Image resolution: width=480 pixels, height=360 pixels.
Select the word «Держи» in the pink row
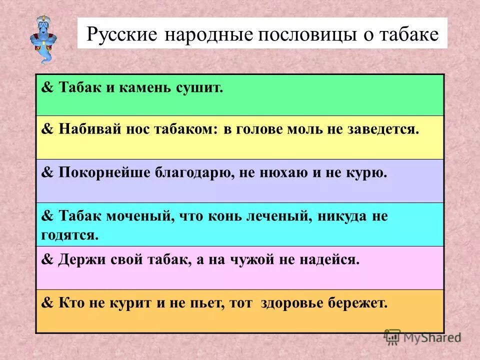(x=80, y=260)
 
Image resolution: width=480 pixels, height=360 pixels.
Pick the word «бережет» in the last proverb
(x=364, y=303)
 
